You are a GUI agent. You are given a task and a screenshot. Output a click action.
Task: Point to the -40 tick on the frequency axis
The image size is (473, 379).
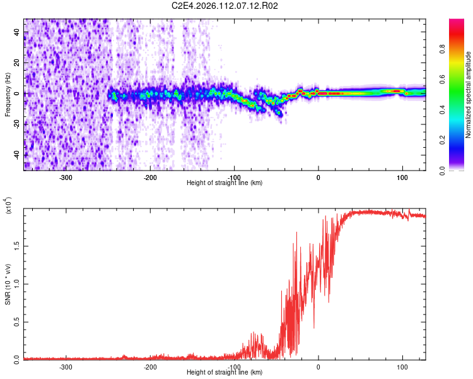point(18,155)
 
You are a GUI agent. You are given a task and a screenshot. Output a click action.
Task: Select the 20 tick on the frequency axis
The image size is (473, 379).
point(18,63)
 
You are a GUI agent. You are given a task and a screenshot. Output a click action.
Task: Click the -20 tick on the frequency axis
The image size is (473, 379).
point(18,124)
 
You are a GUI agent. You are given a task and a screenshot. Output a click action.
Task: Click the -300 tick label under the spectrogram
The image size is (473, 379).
point(66,177)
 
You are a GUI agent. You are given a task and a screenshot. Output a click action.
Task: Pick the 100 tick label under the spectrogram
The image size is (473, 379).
point(402,177)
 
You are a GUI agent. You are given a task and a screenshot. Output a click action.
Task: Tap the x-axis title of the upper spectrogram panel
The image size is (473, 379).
point(225,183)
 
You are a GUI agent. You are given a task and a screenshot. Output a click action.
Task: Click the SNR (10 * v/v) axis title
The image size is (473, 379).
point(8,284)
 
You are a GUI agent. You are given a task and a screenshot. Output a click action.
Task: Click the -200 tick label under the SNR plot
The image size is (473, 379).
point(150,366)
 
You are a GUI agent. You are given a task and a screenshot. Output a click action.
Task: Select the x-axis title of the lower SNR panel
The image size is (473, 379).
point(225,373)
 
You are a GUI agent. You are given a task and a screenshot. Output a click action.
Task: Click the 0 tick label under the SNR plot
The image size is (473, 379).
point(318,366)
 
